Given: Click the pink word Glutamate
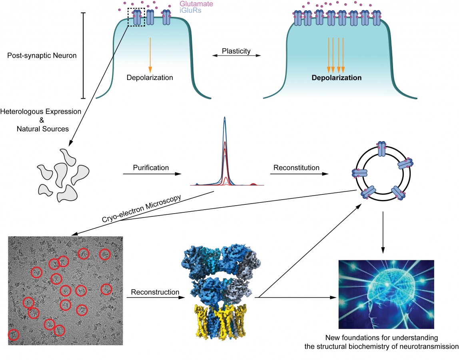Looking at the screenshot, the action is [x=196, y=4].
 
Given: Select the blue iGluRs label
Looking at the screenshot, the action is [x=190, y=10].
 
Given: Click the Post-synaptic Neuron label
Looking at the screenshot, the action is [x=42, y=55].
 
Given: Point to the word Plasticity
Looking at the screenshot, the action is [x=236, y=51].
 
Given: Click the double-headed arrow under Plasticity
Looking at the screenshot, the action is [x=236, y=55].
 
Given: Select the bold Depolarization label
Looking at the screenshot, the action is [x=336, y=78].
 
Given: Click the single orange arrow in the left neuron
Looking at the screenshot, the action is [x=150, y=55].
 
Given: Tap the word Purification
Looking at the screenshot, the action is [x=151, y=168].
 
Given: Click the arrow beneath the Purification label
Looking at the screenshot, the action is [x=152, y=174].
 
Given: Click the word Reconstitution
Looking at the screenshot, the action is [x=296, y=168].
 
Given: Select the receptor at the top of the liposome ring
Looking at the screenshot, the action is [x=382, y=149].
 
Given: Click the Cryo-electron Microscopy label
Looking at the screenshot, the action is [x=142, y=208].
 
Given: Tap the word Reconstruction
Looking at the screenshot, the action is [x=155, y=292].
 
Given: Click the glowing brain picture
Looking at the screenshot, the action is [x=386, y=294].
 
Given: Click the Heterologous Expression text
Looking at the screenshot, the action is [x=41, y=111].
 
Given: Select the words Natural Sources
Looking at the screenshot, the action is [x=43, y=129].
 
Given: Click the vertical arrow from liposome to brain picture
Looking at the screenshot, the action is [x=383, y=232].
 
